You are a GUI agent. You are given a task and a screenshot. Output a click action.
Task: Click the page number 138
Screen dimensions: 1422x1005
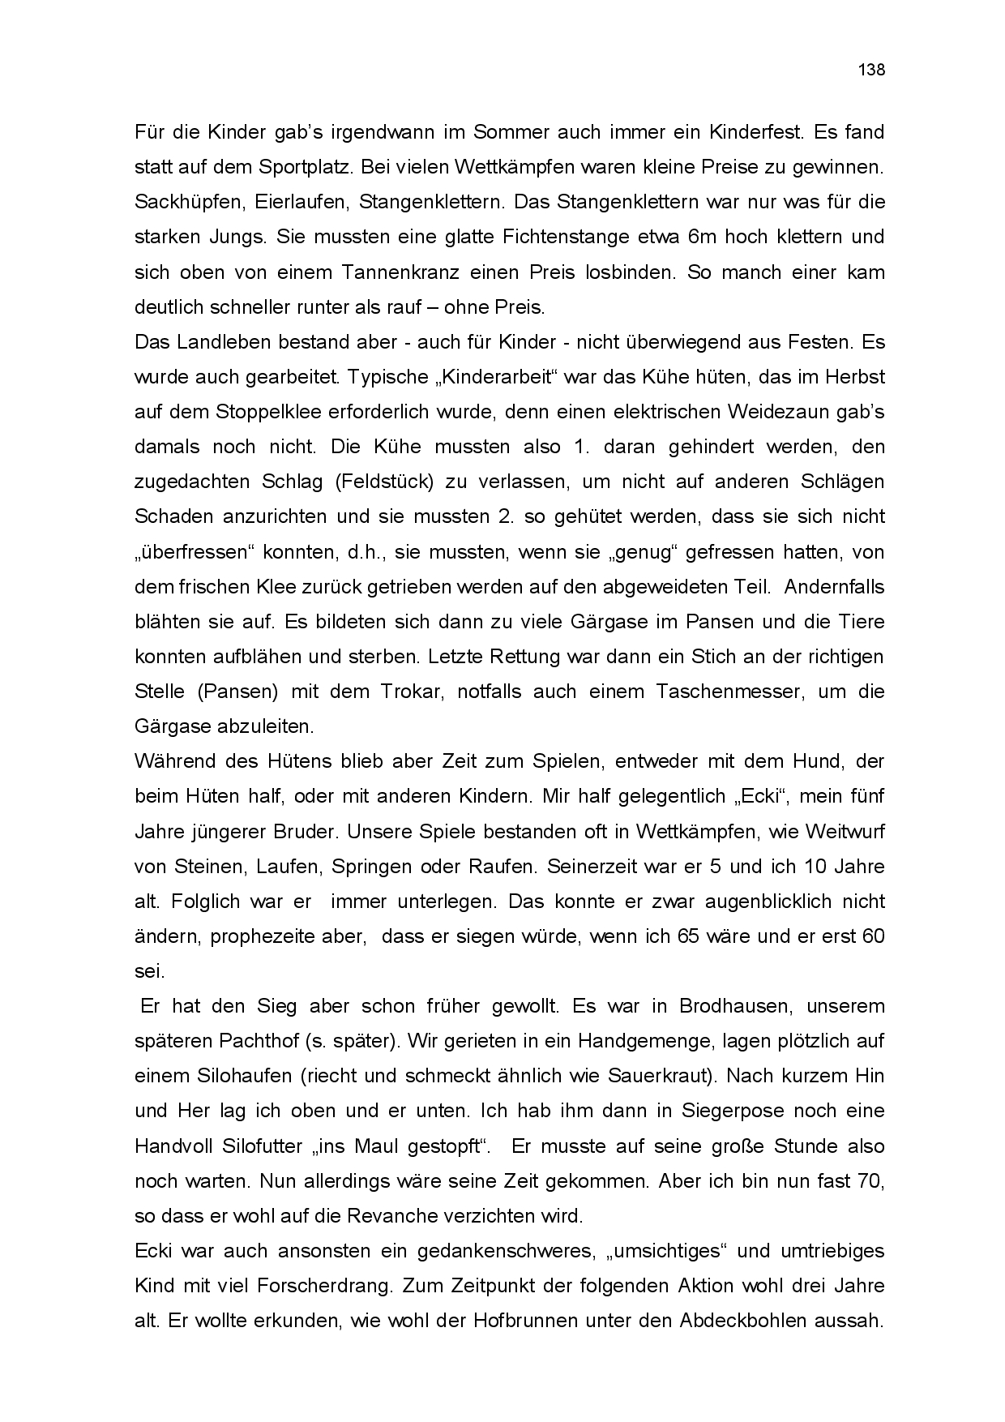(x=871, y=70)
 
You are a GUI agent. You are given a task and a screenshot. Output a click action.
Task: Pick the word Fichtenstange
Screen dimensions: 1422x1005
(x=566, y=238)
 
